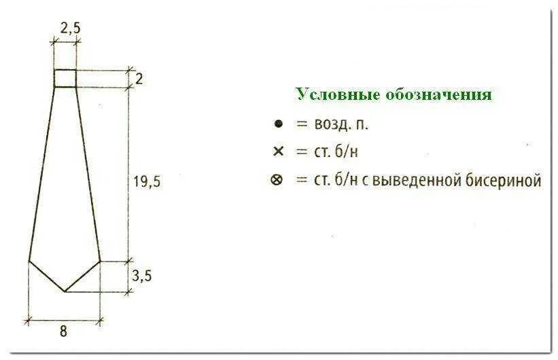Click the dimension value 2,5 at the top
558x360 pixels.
66,29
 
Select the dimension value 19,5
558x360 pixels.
145,181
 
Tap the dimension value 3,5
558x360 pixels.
141,275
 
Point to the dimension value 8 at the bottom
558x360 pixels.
63,332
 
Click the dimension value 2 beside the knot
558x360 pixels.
139,79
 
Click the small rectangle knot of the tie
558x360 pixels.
65,78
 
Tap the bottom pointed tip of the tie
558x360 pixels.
65,291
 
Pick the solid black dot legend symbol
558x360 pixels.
277,124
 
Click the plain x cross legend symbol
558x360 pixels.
277,151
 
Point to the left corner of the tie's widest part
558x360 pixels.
29,260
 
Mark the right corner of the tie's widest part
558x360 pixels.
101,260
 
